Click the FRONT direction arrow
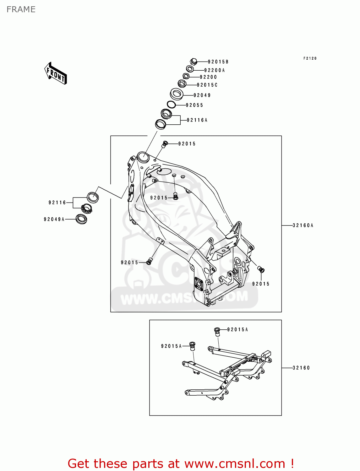[x=56, y=73]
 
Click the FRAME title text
[x=21, y=9]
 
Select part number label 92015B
[x=218, y=62]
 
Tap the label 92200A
[x=214, y=70]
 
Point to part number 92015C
[x=207, y=85]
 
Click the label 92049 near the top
[x=202, y=95]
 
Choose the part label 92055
[x=194, y=105]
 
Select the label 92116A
[x=197, y=120]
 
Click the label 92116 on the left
[x=57, y=203]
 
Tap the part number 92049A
[x=54, y=219]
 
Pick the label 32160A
[x=303, y=225]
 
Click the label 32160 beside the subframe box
[x=301, y=368]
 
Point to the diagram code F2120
[x=310, y=58]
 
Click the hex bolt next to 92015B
[x=194, y=61]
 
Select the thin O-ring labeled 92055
[x=171, y=105]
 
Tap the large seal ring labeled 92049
[x=177, y=94]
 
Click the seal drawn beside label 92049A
[x=81, y=219]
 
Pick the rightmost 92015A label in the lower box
[x=237, y=329]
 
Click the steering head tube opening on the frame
[x=143, y=156]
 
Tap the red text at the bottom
[x=181, y=463]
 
